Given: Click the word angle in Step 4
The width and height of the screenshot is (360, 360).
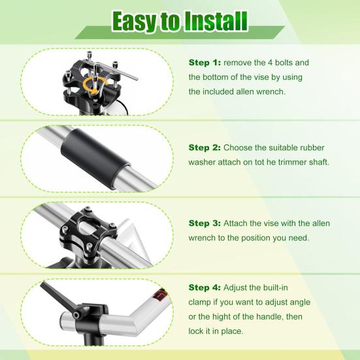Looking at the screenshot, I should (299, 303).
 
